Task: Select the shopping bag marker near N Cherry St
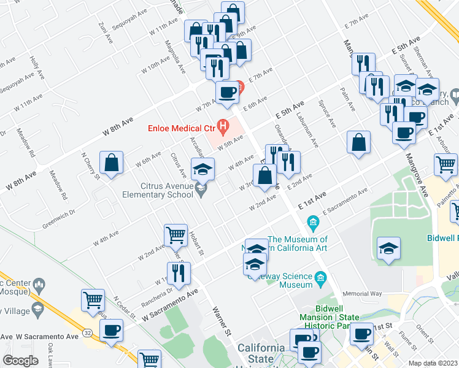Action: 111,163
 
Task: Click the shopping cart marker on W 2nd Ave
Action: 175,235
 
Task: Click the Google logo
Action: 20,361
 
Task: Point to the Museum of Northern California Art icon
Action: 312,221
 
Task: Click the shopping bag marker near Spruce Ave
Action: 359,142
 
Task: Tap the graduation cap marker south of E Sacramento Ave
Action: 387,248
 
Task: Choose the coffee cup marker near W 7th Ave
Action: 227,93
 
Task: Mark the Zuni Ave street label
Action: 106,33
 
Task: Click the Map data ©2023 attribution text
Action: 433,362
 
